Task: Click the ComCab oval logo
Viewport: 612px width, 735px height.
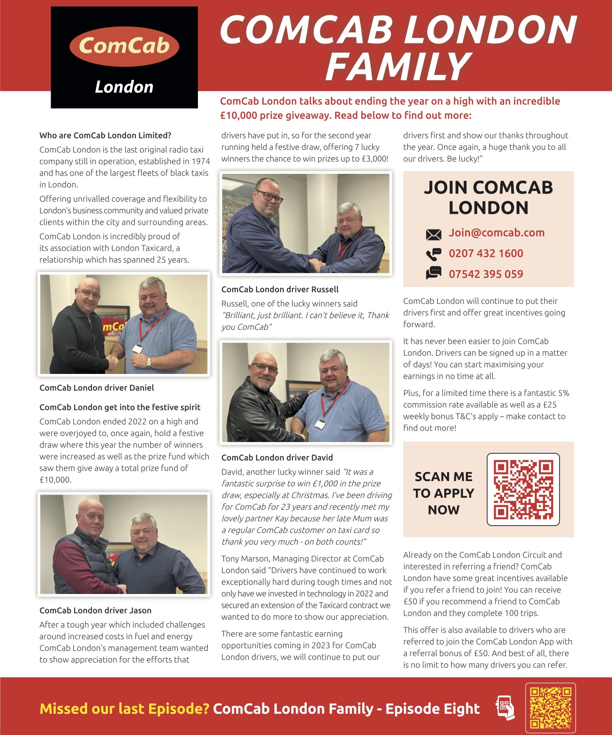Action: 124,46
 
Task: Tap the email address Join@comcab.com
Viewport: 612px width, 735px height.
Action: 496,233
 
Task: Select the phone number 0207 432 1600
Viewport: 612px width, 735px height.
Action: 486,253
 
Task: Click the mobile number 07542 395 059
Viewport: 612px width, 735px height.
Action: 486,274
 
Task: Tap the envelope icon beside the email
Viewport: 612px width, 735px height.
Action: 433,234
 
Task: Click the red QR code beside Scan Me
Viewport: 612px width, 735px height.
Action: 523,489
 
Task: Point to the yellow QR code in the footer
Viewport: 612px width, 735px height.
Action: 550,707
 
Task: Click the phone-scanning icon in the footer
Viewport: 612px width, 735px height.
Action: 505,707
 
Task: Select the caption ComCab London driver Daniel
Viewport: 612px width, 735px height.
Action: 97,388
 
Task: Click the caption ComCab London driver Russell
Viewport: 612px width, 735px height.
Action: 280,289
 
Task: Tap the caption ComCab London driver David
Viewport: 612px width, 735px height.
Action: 277,457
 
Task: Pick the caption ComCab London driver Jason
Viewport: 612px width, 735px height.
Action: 95,610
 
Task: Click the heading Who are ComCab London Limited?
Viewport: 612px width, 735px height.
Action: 105,135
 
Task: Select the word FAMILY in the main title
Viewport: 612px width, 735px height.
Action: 398,67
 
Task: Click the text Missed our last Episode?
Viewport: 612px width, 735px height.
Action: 124,708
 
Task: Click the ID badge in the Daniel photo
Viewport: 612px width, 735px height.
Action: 138,349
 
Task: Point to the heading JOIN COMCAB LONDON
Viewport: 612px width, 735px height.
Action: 488,197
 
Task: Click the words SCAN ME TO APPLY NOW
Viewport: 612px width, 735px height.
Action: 443,493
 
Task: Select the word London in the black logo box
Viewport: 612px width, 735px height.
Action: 124,87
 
